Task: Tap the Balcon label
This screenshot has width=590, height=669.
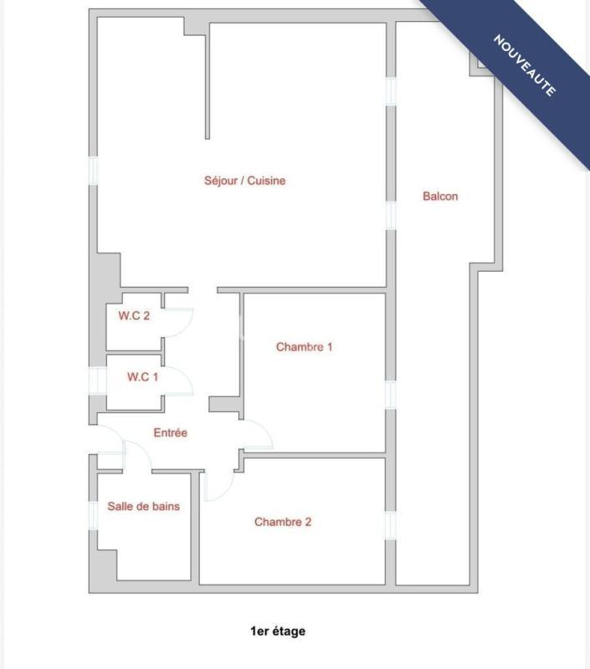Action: [440, 197]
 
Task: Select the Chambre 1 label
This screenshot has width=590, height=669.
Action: [304, 346]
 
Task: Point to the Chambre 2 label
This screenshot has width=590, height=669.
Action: [283, 522]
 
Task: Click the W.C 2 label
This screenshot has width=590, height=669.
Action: [134, 316]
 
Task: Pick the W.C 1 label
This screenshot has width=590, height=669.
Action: [142, 377]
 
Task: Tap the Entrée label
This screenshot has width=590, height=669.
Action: [170, 433]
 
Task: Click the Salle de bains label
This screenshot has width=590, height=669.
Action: [143, 506]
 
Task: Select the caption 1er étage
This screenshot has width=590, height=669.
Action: [278, 631]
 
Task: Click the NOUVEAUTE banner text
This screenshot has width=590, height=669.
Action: [525, 66]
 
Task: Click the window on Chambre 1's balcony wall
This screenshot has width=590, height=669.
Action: [389, 394]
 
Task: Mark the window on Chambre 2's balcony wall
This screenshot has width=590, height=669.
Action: [389, 526]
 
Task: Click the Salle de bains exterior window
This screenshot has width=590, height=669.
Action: [93, 513]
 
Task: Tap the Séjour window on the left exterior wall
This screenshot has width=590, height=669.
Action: [94, 170]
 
